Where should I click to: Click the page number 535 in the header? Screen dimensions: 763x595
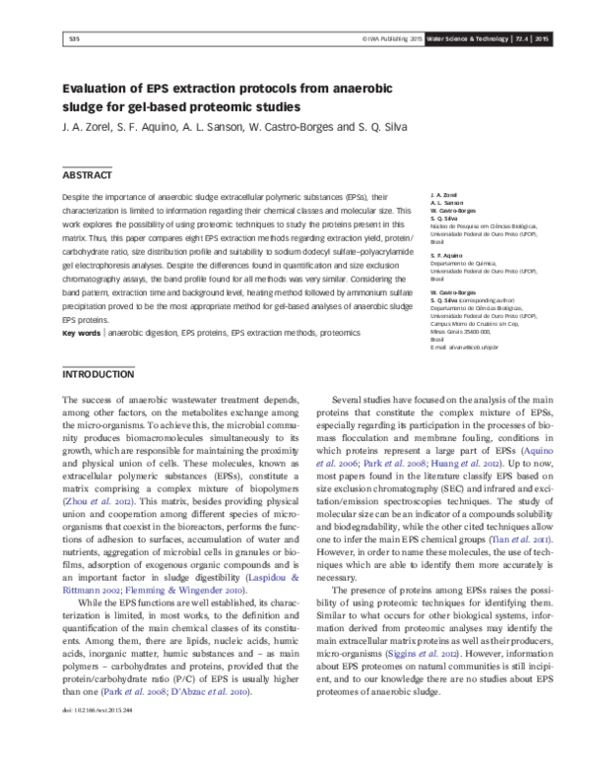(46, 38)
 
